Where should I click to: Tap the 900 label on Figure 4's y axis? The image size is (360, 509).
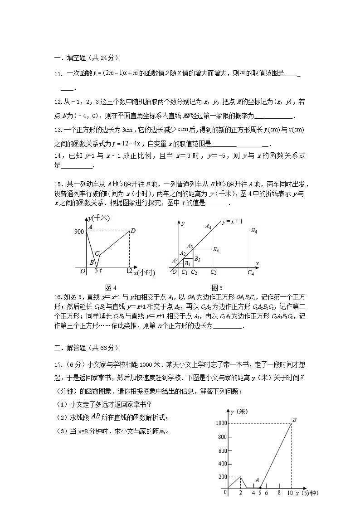[x=79, y=232]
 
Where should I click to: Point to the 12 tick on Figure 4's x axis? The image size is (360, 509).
[x=129, y=271]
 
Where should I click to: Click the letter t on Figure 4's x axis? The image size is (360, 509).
[x=101, y=271]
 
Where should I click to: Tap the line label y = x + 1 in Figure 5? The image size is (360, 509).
[x=233, y=222]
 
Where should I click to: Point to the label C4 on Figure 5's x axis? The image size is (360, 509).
[x=251, y=272]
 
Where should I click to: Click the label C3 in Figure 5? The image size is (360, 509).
[x=213, y=272]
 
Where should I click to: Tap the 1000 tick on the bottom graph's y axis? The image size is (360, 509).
[x=221, y=423]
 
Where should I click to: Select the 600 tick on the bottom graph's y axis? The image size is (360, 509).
[x=222, y=451]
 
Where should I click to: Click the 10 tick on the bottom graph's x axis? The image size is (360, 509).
[x=291, y=493]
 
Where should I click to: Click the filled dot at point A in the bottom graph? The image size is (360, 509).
[x=260, y=488]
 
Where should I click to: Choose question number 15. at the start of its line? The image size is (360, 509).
[x=58, y=184]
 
